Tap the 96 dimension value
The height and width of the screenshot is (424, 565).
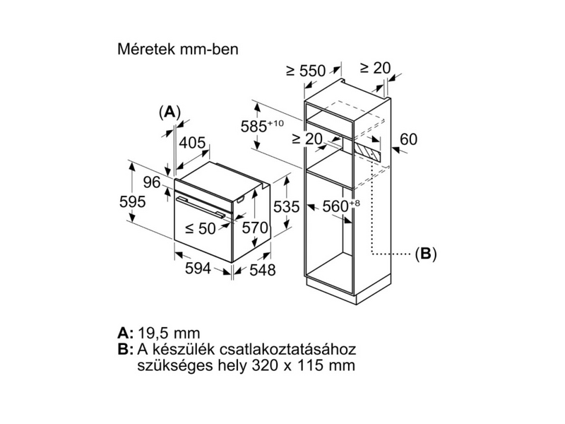152,182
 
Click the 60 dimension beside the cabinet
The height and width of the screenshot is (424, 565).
409,140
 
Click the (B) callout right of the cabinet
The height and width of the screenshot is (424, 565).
425,253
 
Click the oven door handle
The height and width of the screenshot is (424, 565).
201,207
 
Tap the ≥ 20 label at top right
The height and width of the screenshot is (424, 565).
375,68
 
